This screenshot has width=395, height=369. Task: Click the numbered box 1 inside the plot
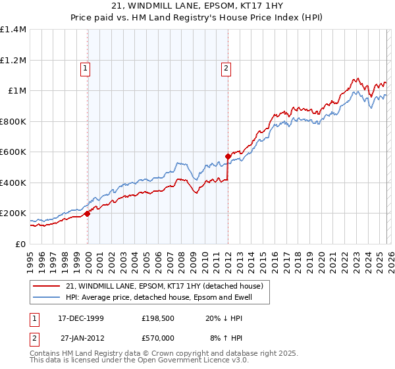point(86,67)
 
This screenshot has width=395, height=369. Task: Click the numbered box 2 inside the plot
point(226,67)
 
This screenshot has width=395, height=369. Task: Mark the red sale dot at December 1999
point(88,213)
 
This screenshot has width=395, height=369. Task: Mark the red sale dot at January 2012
point(228,157)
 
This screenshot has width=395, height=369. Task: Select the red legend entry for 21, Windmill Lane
point(165,286)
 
